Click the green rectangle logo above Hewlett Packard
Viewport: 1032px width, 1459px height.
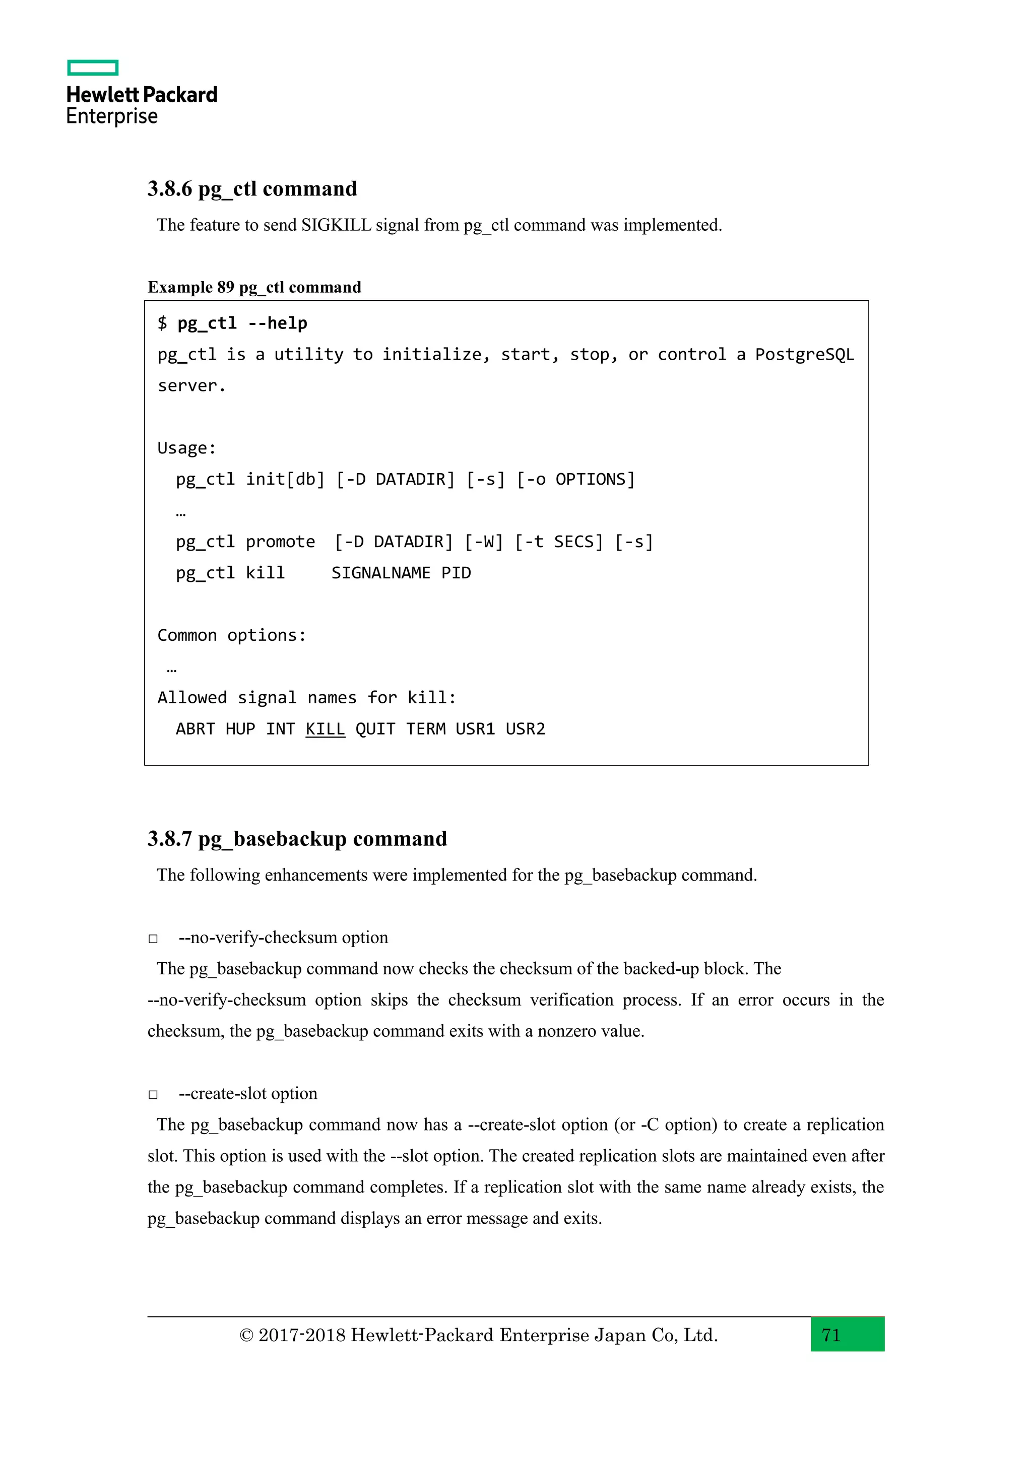[x=93, y=68]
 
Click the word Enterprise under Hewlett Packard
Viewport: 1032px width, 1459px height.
[x=112, y=116]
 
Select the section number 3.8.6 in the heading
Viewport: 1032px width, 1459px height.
[x=170, y=189]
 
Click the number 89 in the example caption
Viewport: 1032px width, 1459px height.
[x=226, y=287]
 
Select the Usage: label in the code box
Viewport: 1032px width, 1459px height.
[x=186, y=448]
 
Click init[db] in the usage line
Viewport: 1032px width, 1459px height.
[x=285, y=479]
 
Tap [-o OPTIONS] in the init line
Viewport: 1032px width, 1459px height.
[x=575, y=479]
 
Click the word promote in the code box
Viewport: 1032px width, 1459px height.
[x=280, y=542]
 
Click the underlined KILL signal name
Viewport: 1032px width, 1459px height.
[x=325, y=729]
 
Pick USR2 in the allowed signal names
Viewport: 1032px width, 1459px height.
[x=525, y=729]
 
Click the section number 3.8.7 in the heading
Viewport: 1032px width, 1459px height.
[x=170, y=839]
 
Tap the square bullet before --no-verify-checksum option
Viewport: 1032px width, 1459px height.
[x=153, y=939]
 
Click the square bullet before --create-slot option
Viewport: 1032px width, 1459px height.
[x=153, y=1094]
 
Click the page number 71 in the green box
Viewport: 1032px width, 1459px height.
[x=831, y=1335]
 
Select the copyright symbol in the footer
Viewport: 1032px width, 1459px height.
[x=246, y=1336]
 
